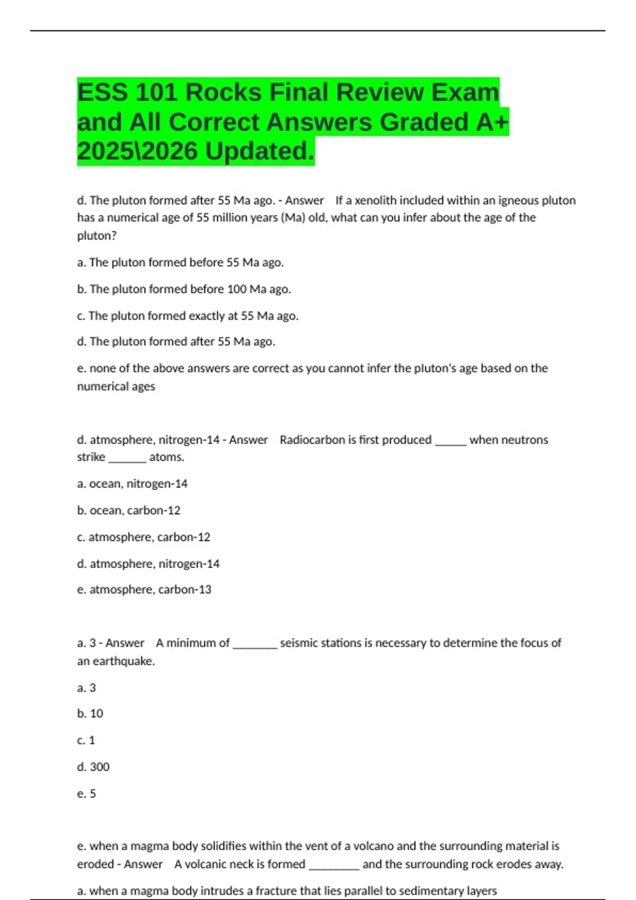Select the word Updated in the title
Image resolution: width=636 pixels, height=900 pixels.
pyautogui.click(x=259, y=151)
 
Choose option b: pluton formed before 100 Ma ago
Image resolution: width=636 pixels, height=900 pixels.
pyautogui.click(x=184, y=289)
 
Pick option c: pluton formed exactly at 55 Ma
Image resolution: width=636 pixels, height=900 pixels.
pyautogui.click(x=188, y=316)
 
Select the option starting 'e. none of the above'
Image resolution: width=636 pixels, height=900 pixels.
pyautogui.click(x=312, y=368)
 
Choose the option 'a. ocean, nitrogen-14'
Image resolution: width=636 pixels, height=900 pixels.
pyautogui.click(x=132, y=484)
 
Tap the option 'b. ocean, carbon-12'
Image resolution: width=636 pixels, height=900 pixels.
pyautogui.click(x=128, y=510)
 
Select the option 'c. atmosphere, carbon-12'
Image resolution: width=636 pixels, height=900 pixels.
pyautogui.click(x=143, y=537)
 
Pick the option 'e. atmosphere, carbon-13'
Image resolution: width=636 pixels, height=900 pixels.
pyautogui.click(x=144, y=590)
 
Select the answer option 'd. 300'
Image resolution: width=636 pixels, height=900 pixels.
pyautogui.click(x=93, y=767)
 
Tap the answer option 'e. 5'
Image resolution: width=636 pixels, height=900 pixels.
pyautogui.click(x=86, y=794)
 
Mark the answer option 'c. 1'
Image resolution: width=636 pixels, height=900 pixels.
pyautogui.click(x=86, y=740)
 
